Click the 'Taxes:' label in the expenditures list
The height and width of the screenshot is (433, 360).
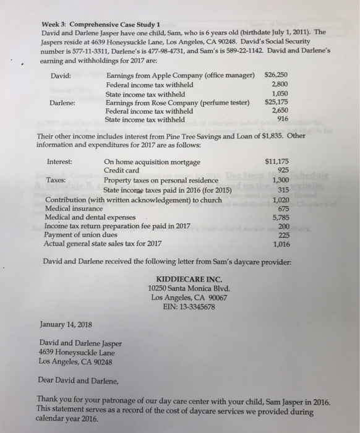coord(58,180)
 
